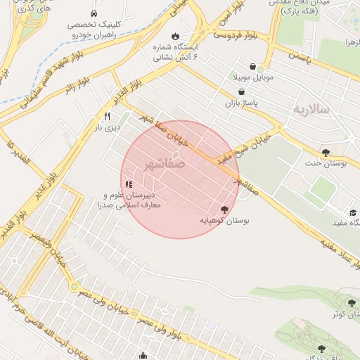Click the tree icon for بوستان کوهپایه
pyautogui.click(x=224, y=209)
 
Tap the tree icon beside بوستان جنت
pyautogui.click(x=325, y=152)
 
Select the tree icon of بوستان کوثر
pyautogui.click(x=352, y=303)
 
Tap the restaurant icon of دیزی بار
pyautogui.click(x=107, y=117)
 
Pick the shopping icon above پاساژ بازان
pyautogui.click(x=242, y=91)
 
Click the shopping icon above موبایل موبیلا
pyautogui.click(x=252, y=66)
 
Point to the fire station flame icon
pyautogui.click(x=175, y=36)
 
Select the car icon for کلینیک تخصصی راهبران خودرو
pyautogui.click(x=94, y=13)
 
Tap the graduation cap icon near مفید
pyautogui.click(x=352, y=212)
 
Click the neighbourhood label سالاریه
pyautogui.click(x=311, y=110)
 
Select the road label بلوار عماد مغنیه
pyautogui.click(x=325, y=243)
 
